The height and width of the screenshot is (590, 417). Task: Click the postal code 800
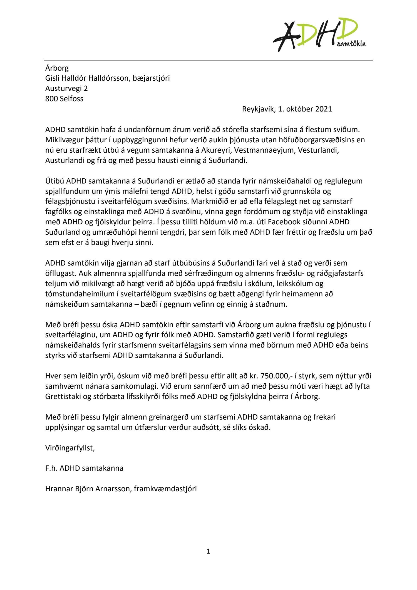coord(51,98)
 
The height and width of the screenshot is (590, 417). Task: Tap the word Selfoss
coord(71,98)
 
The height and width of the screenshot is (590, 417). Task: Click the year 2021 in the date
coord(323,109)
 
